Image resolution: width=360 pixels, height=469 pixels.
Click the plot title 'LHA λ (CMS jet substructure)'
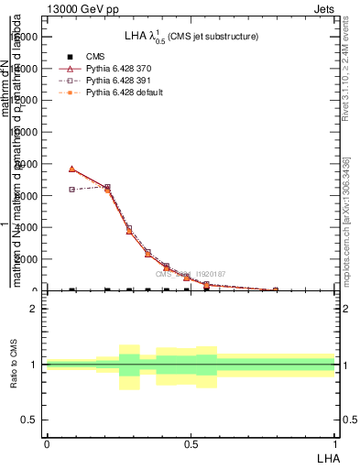[x=191, y=37]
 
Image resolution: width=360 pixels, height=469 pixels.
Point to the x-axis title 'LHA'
[x=327, y=456]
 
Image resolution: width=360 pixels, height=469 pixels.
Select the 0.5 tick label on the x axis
[x=191, y=443]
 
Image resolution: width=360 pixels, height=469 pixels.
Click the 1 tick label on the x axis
[x=334, y=443]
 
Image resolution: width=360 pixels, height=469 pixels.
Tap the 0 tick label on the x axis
[x=47, y=443]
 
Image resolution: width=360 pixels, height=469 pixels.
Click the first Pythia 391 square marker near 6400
[x=72, y=190]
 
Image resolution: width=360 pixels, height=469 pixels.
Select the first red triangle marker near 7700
[x=72, y=169]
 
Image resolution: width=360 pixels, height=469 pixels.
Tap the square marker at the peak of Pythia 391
[x=107, y=187]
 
